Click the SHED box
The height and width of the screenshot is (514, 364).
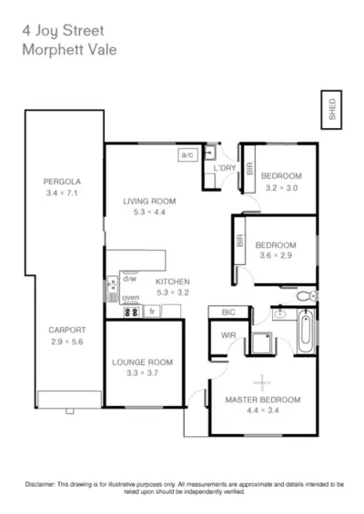pos(331,108)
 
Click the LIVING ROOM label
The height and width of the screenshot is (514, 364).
pos(149,201)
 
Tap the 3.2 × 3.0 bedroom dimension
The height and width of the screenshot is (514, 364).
pos(280,188)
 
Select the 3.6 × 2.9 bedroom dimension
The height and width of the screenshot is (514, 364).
pos(275,256)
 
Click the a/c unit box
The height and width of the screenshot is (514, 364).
pos(188,155)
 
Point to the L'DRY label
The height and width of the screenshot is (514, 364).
pos(224,169)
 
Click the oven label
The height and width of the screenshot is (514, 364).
pos(130,297)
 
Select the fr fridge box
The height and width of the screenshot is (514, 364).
pos(153,311)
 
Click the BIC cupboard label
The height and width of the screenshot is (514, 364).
pos(228,313)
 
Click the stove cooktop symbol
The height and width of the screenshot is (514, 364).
pos(130,311)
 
